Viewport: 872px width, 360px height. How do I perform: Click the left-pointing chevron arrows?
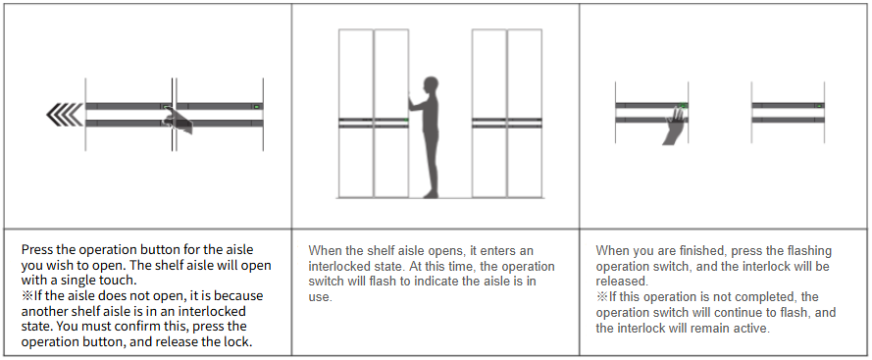[65, 115]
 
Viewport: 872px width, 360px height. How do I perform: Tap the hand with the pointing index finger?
[178, 121]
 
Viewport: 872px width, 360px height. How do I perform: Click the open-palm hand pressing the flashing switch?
[675, 127]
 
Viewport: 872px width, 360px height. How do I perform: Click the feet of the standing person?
[430, 194]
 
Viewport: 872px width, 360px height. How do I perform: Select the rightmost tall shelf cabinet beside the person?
[525, 113]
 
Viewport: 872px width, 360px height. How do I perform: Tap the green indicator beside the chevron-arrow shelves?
[256, 106]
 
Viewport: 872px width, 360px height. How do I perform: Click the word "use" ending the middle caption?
[320, 297]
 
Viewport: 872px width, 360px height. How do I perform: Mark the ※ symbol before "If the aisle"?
[27, 295]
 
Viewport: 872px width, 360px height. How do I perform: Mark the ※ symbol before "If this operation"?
[601, 297]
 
